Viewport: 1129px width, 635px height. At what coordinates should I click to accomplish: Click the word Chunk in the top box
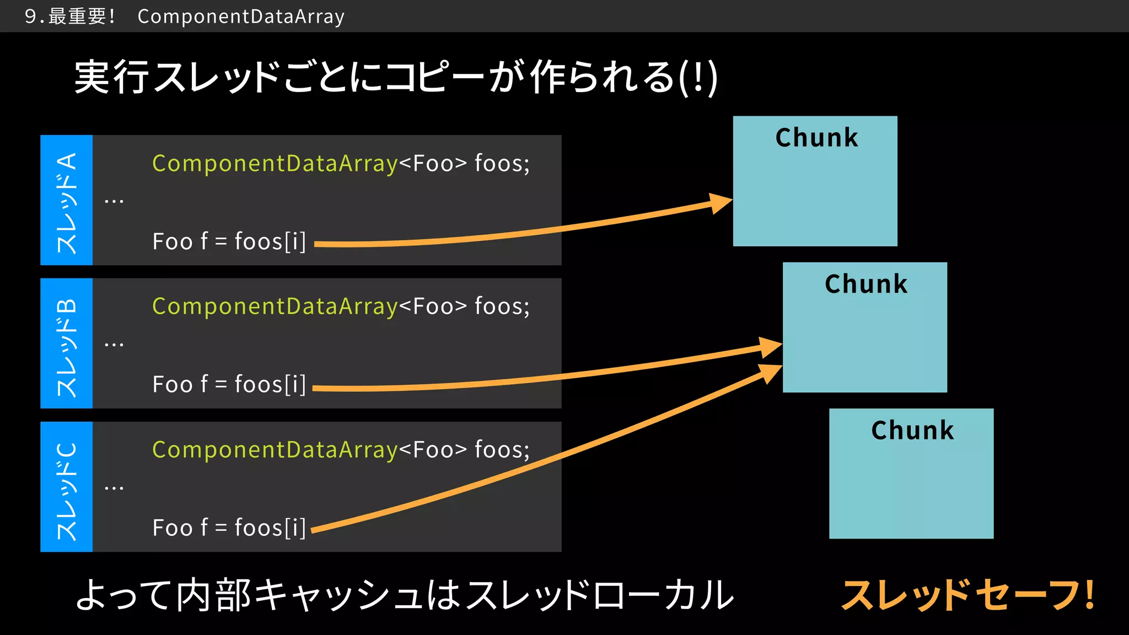[x=816, y=138]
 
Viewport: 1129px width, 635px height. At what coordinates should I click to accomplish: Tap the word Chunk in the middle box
[x=865, y=284]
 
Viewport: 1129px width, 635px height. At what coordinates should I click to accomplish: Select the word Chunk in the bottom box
[x=912, y=430]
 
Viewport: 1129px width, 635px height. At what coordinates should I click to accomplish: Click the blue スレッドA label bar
[x=67, y=200]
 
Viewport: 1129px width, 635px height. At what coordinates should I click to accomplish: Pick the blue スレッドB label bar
[x=67, y=343]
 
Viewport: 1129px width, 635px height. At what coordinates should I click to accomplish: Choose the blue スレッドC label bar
[x=67, y=487]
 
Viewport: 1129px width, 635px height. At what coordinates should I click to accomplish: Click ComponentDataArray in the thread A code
[x=275, y=164]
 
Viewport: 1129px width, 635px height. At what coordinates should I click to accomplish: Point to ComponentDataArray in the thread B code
[x=275, y=306]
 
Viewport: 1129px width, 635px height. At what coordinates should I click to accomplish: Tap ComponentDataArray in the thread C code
[x=275, y=450]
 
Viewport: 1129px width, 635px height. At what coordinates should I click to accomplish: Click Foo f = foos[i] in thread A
[x=229, y=242]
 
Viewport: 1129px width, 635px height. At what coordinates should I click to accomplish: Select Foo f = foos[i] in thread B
[x=229, y=385]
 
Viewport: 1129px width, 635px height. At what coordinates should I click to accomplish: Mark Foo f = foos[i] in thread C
[x=229, y=528]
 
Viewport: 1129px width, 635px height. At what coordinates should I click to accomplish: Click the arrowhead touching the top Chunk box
[x=720, y=202]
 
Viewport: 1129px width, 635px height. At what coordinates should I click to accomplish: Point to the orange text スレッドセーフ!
[x=967, y=595]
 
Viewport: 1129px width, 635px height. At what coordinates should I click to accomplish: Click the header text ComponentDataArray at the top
[x=241, y=17]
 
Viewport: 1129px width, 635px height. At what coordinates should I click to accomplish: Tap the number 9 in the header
[x=31, y=17]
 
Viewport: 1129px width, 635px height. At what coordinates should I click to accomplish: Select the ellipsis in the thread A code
[x=114, y=201]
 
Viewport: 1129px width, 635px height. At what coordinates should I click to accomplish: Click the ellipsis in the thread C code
[x=114, y=488]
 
